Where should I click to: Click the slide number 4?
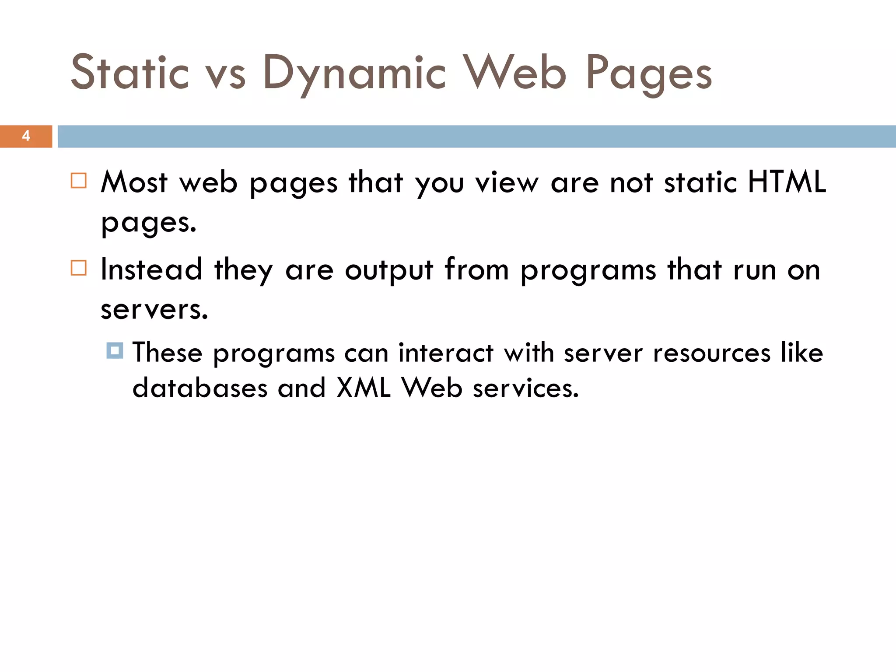[26, 136]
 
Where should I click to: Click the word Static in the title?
[130, 73]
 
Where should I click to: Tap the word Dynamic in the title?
[354, 73]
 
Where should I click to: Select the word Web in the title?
[515, 73]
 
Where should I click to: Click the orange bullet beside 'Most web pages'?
[79, 181]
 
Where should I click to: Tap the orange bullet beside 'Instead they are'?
[79, 268]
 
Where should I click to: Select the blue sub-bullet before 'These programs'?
[115, 351]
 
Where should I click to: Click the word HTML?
[787, 182]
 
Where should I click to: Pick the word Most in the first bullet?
[134, 182]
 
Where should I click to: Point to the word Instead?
[151, 269]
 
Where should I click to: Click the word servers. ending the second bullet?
[154, 310]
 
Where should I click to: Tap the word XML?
[363, 388]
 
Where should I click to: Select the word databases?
[199, 388]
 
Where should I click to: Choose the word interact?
[446, 353]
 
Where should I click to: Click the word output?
[389, 270]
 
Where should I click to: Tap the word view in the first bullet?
[507, 182]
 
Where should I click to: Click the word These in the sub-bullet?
[167, 353]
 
